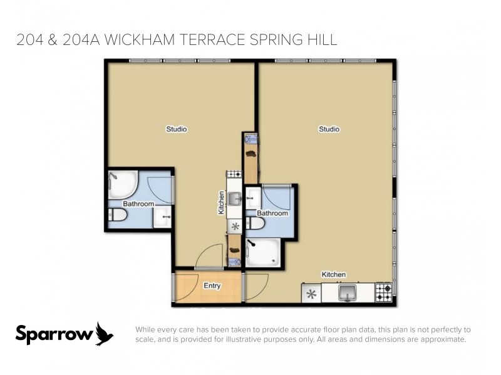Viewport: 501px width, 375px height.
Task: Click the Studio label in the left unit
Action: point(176,129)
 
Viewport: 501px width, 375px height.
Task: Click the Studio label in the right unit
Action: point(329,129)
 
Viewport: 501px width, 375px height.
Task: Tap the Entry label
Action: point(212,286)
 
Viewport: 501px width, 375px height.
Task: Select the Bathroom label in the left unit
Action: point(138,204)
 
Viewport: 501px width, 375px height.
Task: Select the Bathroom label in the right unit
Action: point(272,213)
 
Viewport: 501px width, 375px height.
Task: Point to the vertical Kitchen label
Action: point(221,203)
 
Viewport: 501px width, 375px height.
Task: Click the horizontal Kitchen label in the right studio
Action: point(333,274)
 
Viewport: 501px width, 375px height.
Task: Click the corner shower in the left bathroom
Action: point(122,183)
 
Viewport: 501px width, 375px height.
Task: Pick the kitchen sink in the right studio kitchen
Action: point(348,292)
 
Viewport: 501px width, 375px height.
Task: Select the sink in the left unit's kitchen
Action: point(234,199)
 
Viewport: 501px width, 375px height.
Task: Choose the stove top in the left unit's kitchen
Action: point(234,174)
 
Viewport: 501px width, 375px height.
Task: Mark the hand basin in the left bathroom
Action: point(163,218)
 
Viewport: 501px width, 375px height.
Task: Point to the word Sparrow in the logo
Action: point(54,334)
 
